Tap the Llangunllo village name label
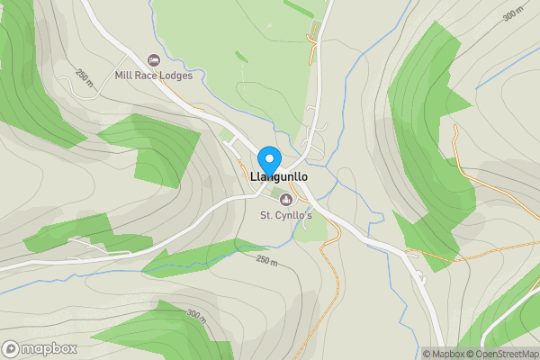285,177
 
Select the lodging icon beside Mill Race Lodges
153,59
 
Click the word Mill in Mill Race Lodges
124,76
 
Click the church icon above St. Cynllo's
287,199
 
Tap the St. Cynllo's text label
286,215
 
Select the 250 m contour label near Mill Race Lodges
85,79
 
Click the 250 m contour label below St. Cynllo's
267,260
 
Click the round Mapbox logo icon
11,348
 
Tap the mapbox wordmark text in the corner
48,348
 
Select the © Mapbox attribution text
444,354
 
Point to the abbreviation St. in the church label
266,215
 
